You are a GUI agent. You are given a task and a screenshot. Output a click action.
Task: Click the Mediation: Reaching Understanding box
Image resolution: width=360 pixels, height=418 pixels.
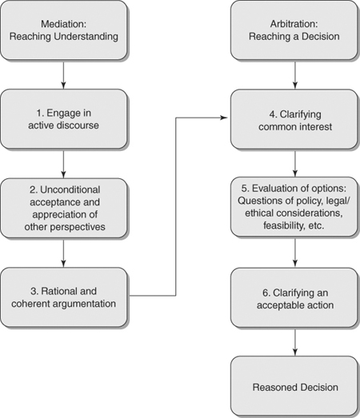pyautogui.click(x=64, y=29)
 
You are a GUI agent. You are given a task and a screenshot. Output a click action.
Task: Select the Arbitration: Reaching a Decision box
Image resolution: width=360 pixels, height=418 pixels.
pyautogui.click(x=296, y=29)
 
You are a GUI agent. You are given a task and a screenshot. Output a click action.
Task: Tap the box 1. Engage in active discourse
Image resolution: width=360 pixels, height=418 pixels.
pyautogui.click(x=64, y=119)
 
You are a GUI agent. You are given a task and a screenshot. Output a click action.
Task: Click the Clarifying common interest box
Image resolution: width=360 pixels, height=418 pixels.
pyautogui.click(x=296, y=119)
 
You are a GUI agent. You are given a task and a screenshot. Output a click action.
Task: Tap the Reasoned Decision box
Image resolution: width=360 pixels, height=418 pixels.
pyautogui.click(x=296, y=387)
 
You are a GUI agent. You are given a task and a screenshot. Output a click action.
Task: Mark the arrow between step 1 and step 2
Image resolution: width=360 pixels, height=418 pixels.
pyautogui.click(x=64, y=164)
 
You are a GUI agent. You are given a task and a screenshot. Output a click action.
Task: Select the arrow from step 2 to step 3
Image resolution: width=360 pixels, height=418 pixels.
pyautogui.click(x=64, y=253)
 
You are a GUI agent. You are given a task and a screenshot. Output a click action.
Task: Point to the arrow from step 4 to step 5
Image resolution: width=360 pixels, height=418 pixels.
pyautogui.click(x=296, y=164)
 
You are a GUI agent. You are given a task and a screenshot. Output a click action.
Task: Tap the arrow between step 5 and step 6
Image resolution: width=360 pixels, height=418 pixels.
pyautogui.click(x=296, y=253)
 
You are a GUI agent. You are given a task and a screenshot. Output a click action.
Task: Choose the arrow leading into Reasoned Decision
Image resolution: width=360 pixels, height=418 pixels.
pyautogui.click(x=296, y=342)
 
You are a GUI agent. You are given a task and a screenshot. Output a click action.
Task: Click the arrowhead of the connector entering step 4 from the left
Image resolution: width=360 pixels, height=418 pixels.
pyautogui.click(x=226, y=119)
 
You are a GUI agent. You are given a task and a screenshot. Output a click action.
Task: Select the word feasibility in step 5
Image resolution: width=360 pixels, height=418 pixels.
pyautogui.click(x=280, y=227)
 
